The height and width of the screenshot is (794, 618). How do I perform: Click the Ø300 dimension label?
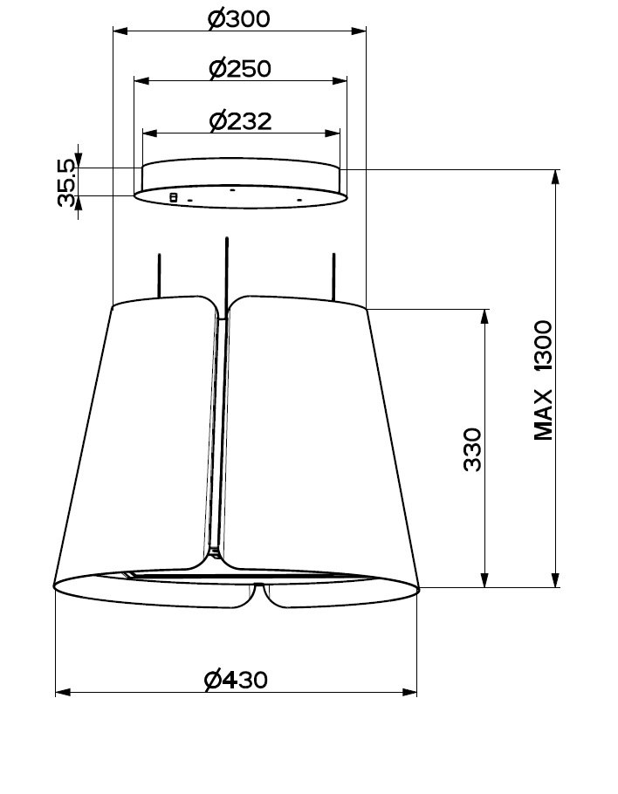tap(239, 18)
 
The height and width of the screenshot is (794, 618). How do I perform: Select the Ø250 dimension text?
tap(240, 68)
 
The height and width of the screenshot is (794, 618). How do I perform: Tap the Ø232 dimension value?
tap(241, 121)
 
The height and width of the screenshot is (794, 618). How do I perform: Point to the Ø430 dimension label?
tap(236, 680)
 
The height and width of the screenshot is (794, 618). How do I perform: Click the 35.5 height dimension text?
tap(67, 182)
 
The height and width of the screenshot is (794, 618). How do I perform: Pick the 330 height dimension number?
tap(472, 449)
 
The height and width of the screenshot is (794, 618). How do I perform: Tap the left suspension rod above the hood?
tap(160, 276)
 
